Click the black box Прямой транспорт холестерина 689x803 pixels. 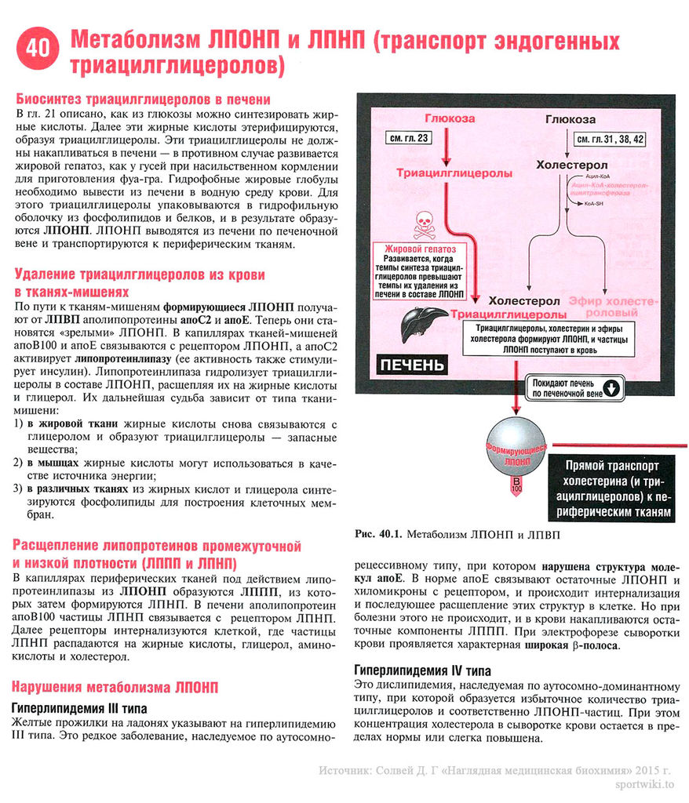pyautogui.click(x=612, y=487)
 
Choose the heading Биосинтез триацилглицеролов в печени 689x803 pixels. pyautogui.click(x=143, y=100)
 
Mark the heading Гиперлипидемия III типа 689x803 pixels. pyautogui.click(x=79, y=708)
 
